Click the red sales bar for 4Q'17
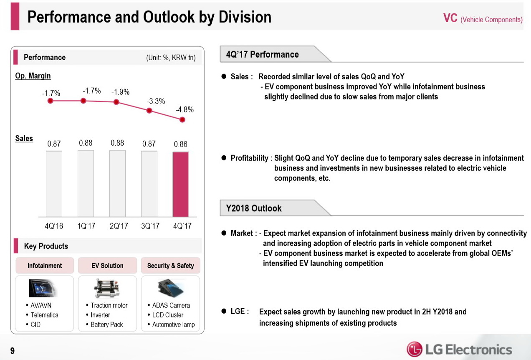[181, 184]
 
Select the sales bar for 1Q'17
[86, 184]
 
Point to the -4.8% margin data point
[182, 119]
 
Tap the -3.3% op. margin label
[156, 101]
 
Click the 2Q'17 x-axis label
[118, 226]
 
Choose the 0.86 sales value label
[181, 144]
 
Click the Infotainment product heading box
[45, 266]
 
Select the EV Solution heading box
[107, 266]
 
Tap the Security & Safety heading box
[170, 266]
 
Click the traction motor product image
[107, 288]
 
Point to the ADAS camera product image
[170, 288]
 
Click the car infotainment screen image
[43, 288]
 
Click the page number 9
[13, 351]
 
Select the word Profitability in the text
[250, 158]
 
